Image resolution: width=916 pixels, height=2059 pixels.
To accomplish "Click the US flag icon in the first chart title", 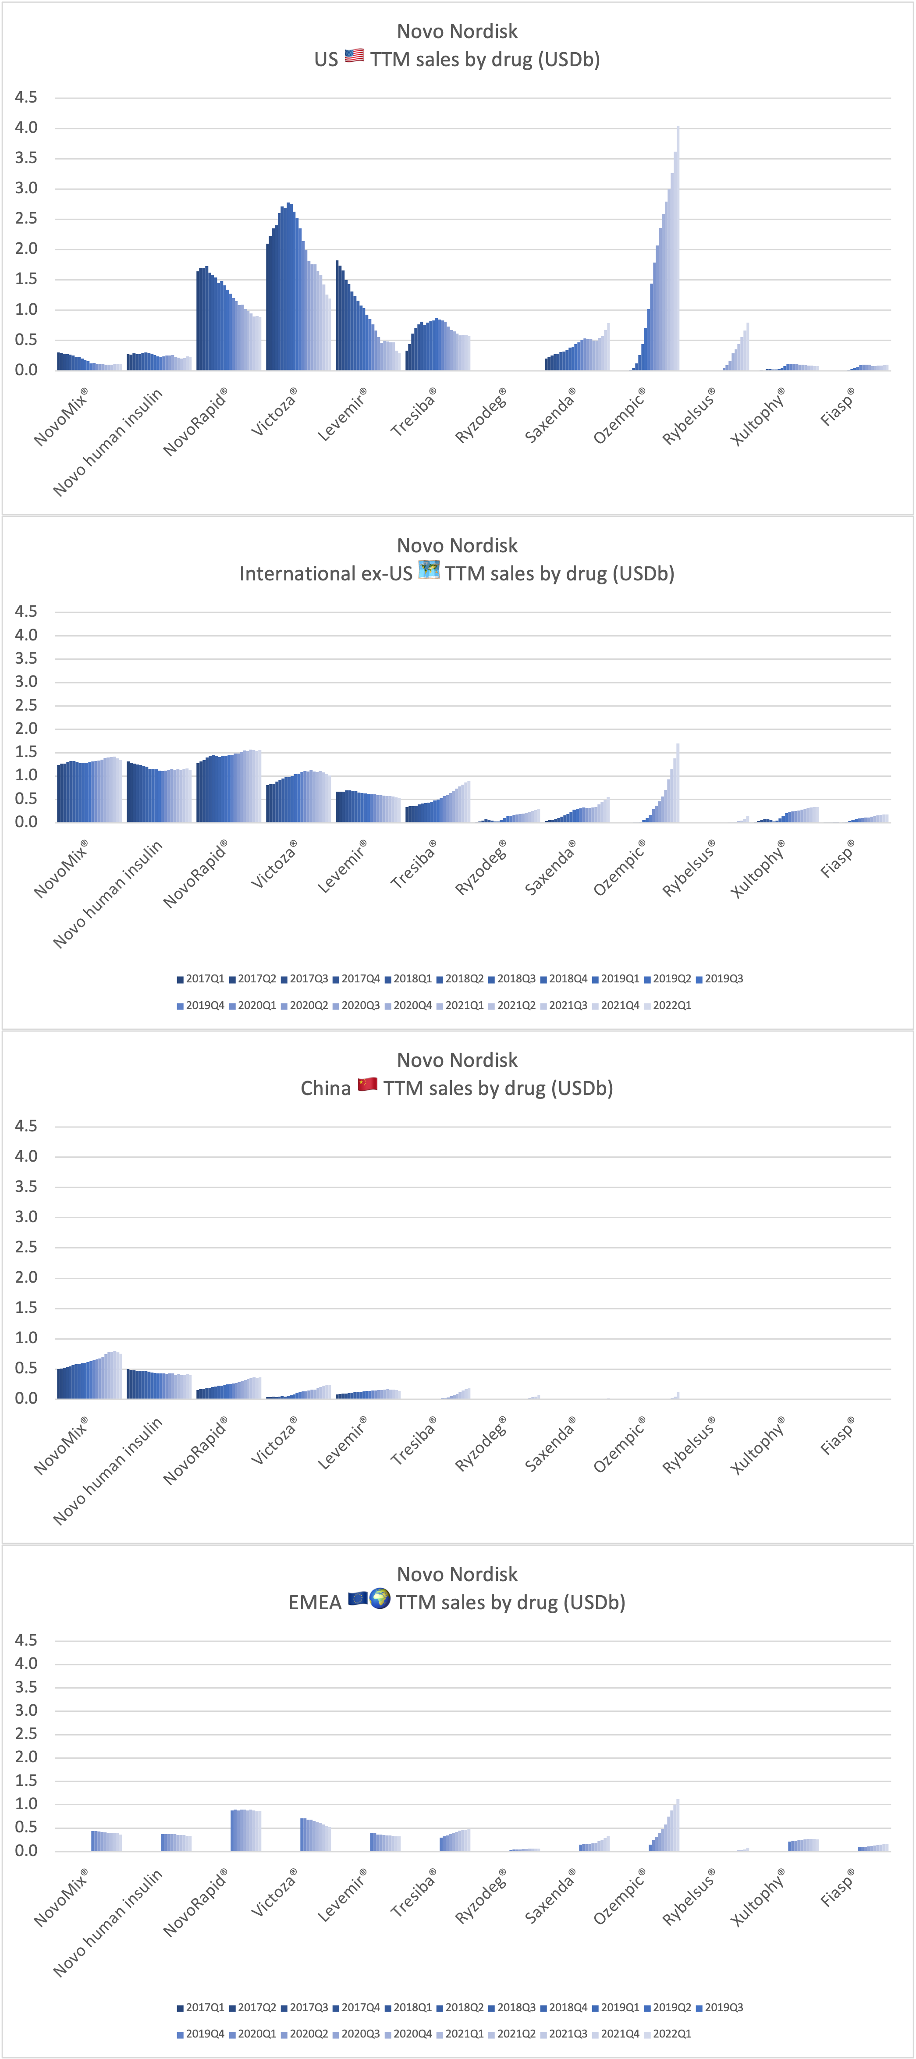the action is pyautogui.click(x=354, y=57).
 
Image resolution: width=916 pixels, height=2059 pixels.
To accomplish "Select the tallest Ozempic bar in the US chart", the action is pyautogui.click(x=678, y=248).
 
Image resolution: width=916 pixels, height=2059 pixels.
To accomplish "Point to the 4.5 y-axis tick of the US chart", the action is pyautogui.click(x=25, y=97).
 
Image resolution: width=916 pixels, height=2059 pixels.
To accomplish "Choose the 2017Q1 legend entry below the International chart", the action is pyautogui.click(x=201, y=978).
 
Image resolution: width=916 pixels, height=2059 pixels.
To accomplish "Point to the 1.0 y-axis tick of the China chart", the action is pyautogui.click(x=25, y=1337).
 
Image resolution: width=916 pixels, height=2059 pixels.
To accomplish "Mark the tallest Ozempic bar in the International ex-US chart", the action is pyautogui.click(x=678, y=782).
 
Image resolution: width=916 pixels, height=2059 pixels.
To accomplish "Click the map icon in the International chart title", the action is pyautogui.click(x=429, y=571).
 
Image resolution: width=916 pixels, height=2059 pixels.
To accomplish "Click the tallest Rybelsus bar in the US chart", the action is pyautogui.click(x=747, y=346).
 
